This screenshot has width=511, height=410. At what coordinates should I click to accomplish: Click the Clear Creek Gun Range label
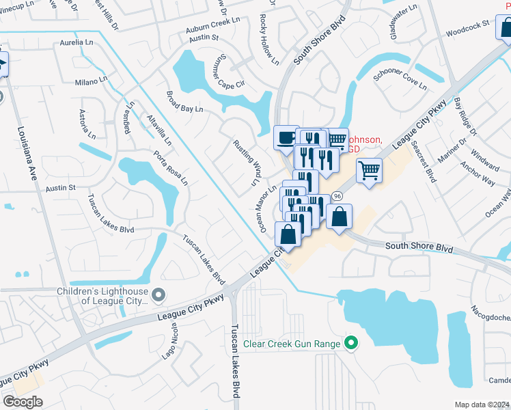pos(292,343)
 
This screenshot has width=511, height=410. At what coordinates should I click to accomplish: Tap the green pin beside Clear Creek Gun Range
pos(352,342)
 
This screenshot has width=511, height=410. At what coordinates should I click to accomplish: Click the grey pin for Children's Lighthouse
pos(159,295)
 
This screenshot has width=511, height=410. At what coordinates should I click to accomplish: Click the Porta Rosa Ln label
pos(170,168)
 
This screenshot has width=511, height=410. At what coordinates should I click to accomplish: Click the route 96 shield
pos(337,196)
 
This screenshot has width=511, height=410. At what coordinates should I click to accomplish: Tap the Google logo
pos(23,402)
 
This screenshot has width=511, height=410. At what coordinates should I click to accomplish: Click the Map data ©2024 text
pos(482,405)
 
